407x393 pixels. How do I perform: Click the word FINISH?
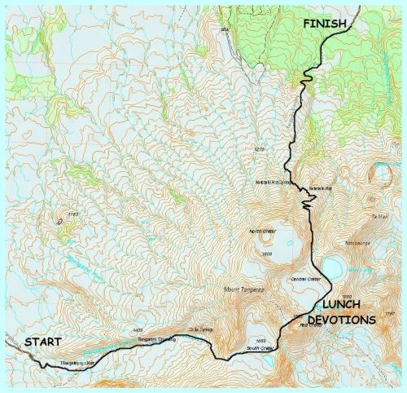point(329,24)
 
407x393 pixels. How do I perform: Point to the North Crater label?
point(263,231)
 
